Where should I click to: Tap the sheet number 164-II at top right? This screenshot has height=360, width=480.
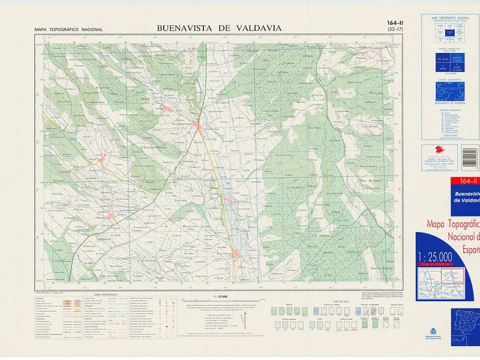pyautogui.click(x=395, y=23)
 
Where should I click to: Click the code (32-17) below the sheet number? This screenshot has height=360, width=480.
pyautogui.click(x=395, y=29)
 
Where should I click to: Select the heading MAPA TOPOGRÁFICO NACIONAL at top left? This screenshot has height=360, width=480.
pyautogui.click(x=68, y=29)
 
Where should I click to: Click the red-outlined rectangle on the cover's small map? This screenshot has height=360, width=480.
pyautogui.click(x=453, y=275)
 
